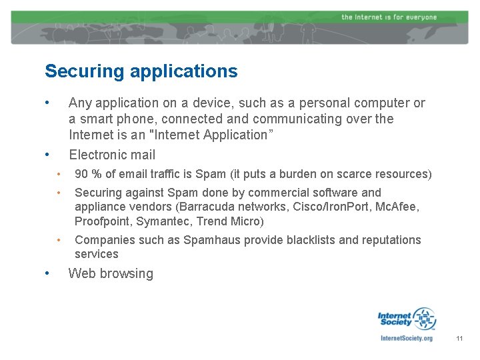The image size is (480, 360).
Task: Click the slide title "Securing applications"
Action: (x=141, y=71)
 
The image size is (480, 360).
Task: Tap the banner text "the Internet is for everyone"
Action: (x=389, y=17)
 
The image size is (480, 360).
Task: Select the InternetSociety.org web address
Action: (x=406, y=338)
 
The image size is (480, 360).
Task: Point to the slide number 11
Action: (x=459, y=339)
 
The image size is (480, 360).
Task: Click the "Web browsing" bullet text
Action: (x=111, y=273)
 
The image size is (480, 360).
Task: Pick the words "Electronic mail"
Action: (x=112, y=155)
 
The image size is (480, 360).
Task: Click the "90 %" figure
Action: (x=87, y=174)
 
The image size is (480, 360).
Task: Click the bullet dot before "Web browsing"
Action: (x=45, y=273)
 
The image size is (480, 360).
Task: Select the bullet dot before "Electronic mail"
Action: (x=45, y=154)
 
